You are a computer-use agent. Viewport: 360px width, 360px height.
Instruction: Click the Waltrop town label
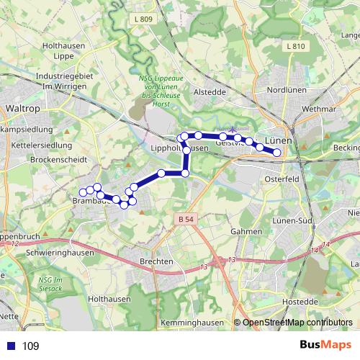click(21, 108)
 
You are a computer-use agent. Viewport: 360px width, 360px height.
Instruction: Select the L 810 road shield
click(295, 46)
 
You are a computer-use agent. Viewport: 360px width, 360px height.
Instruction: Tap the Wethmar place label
click(320, 109)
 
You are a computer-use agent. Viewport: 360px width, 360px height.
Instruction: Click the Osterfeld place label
click(282, 179)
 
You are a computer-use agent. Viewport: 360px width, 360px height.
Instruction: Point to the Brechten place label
click(158, 261)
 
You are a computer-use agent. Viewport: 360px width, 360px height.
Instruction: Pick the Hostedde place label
click(300, 301)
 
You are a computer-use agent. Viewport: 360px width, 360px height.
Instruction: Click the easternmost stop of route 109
click(276, 152)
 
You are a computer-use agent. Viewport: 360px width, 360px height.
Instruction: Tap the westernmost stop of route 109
click(83, 192)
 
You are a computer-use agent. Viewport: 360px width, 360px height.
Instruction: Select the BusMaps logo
click(326, 346)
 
